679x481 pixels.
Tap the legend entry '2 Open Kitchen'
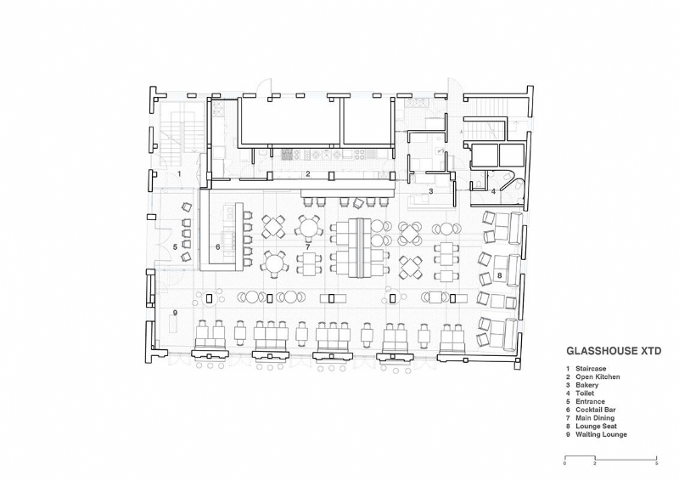click(595, 376)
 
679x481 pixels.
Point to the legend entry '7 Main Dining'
click(592, 418)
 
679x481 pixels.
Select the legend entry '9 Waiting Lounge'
click(597, 434)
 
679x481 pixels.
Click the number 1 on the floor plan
click(179, 173)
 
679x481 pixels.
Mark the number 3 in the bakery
click(431, 191)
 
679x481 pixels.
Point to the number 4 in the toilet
click(493, 191)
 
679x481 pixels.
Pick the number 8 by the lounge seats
click(500, 275)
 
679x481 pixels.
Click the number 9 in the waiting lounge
click(175, 314)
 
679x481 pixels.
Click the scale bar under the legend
click(610, 459)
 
